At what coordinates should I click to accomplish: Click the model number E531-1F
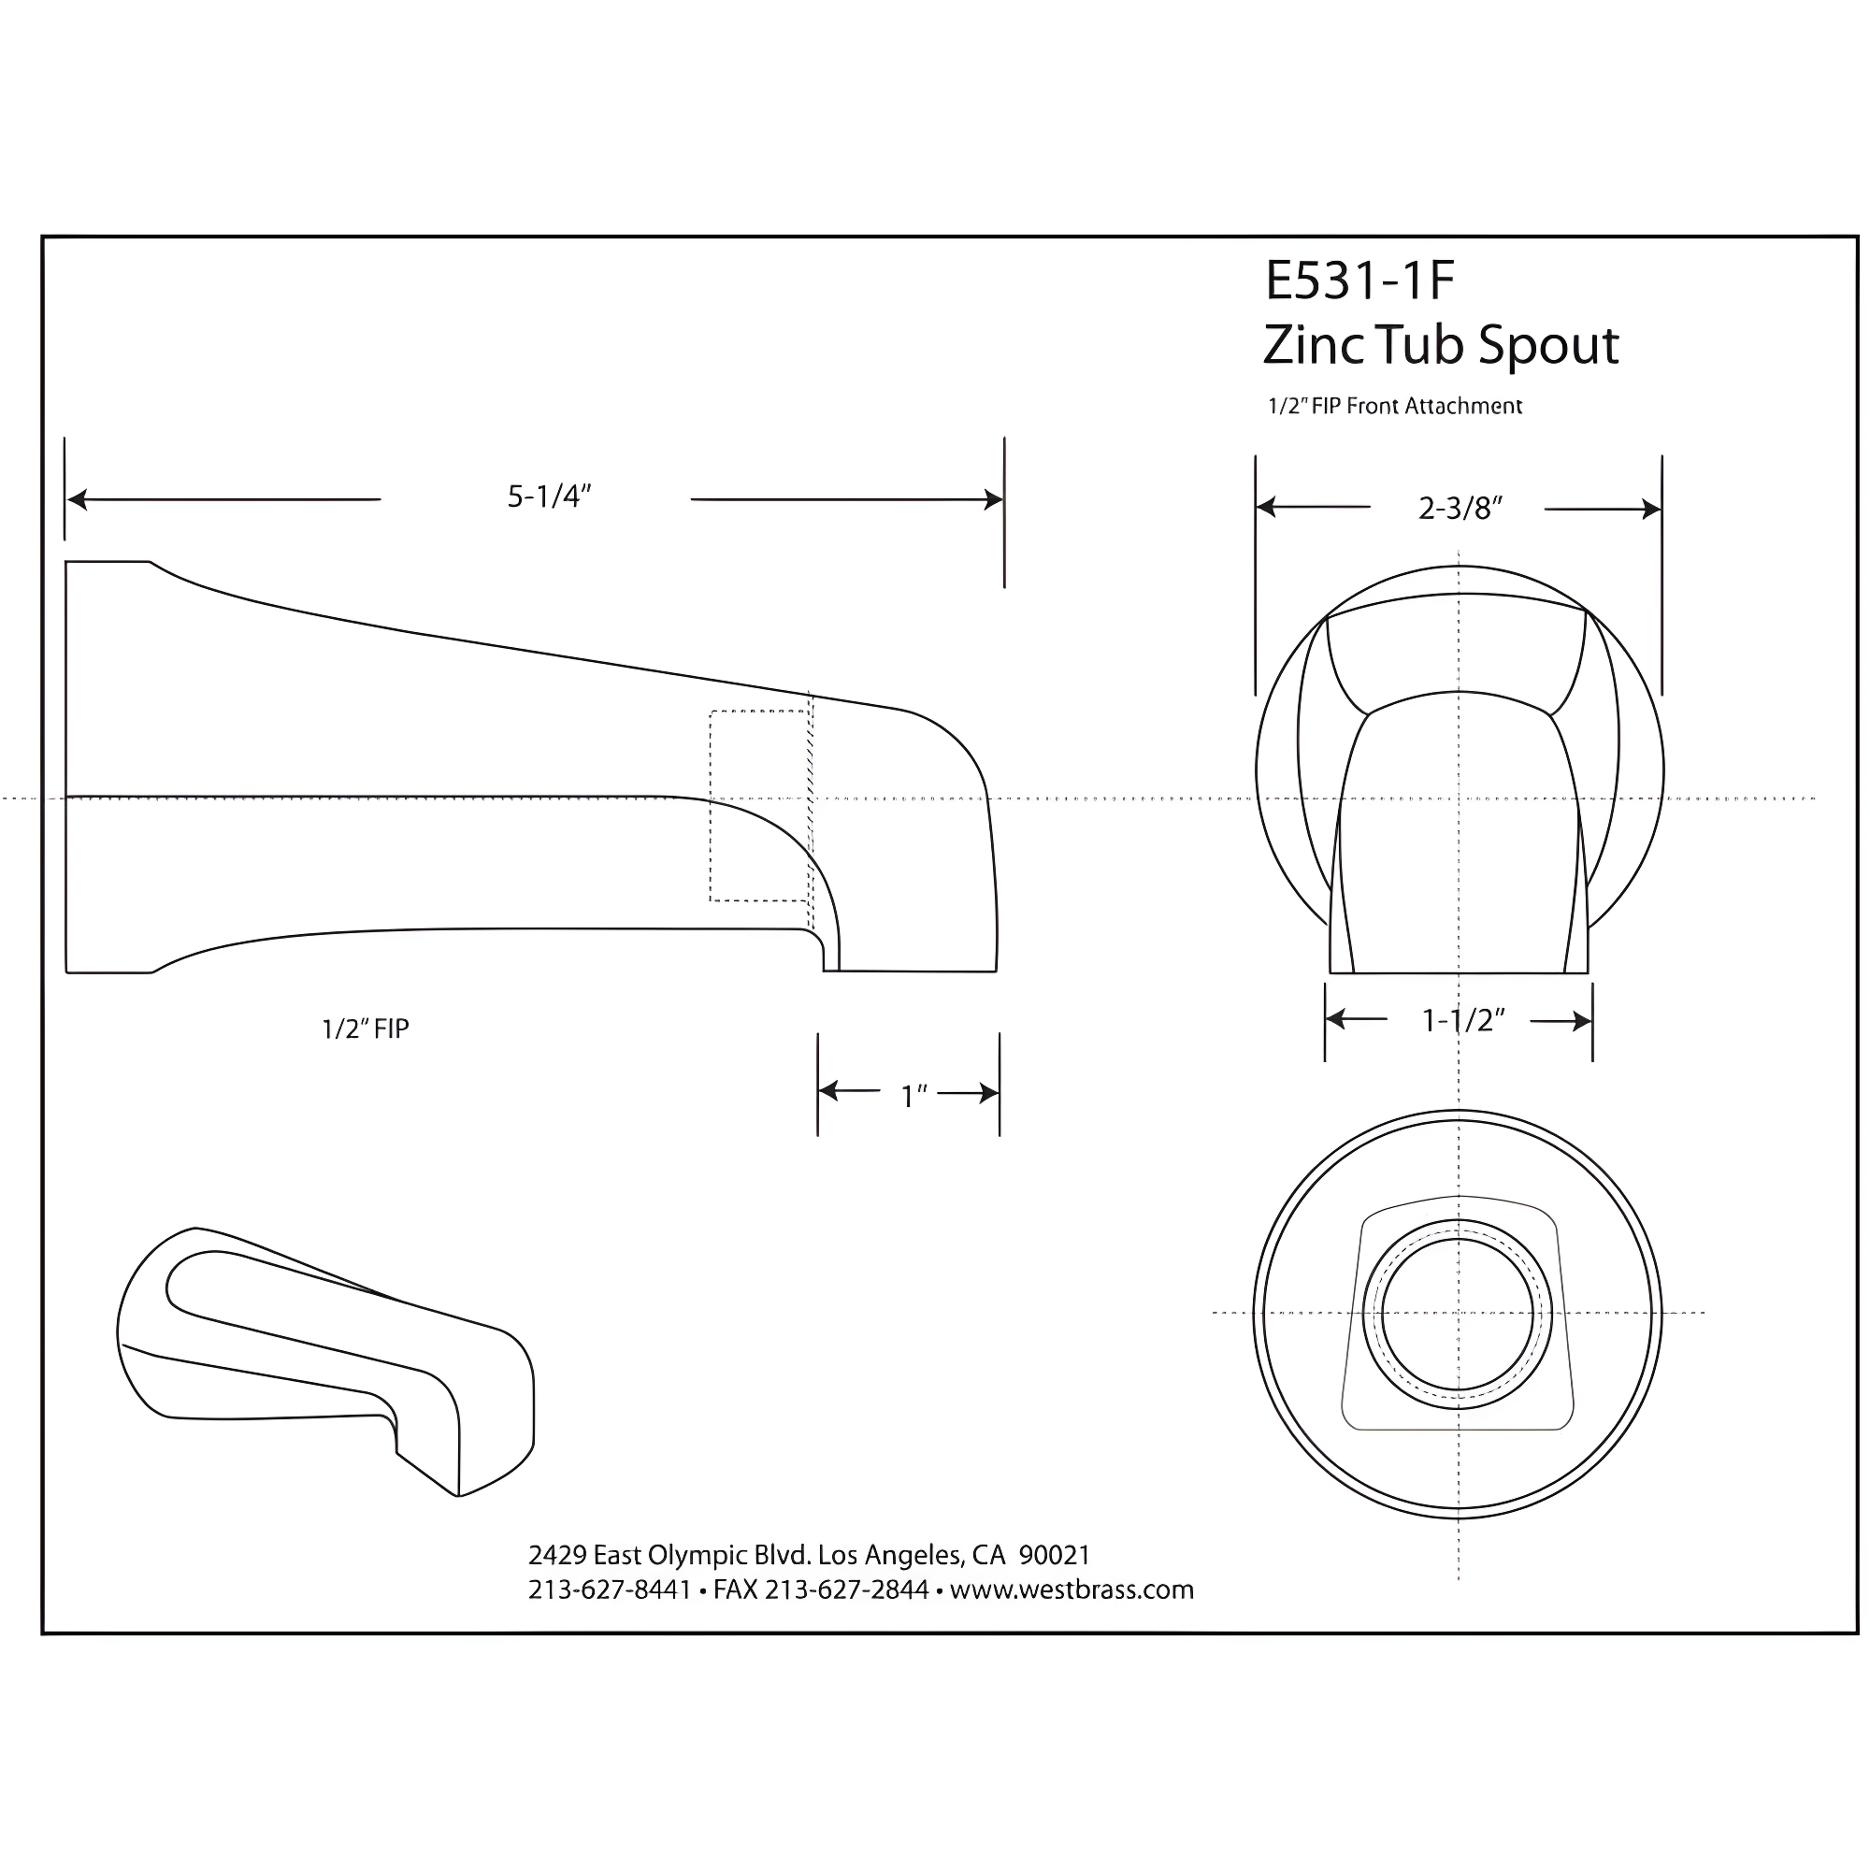pos(1359,280)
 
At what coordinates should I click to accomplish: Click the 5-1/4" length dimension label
pos(549,497)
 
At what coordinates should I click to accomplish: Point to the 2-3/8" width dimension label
pos(1460,508)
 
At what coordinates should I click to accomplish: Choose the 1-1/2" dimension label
pos(1462,1020)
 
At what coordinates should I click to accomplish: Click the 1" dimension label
pos(913,1096)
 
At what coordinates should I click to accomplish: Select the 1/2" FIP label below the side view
pos(365,1028)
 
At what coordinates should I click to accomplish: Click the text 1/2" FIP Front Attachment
pos(1395,407)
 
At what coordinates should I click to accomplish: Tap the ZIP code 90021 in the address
pos(1054,1555)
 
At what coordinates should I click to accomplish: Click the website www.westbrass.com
pos(1072,1589)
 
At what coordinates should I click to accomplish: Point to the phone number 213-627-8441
pos(609,1589)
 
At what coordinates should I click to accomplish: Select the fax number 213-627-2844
pos(846,1589)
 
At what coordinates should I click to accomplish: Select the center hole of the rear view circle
pos(1458,1315)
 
